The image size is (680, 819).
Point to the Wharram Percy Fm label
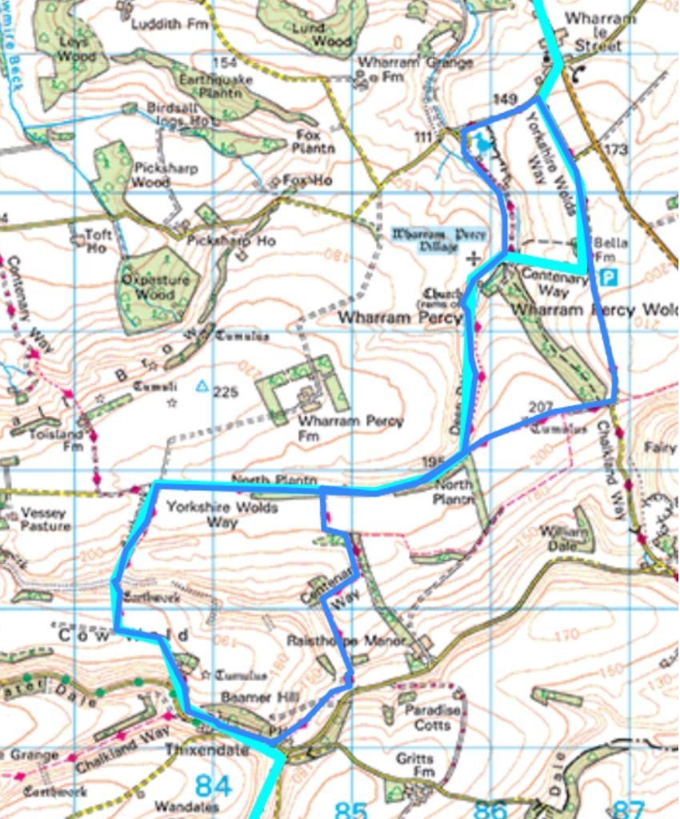tap(350, 428)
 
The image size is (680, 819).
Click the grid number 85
tap(350, 809)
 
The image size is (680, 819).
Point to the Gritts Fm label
tap(414, 766)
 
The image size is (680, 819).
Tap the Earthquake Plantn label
tap(215, 87)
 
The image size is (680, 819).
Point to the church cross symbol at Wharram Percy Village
tap(474, 258)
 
